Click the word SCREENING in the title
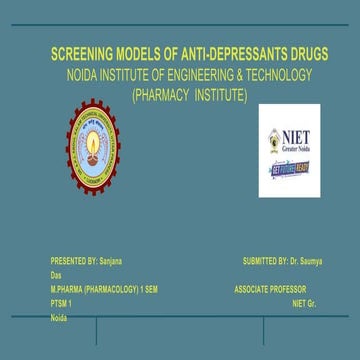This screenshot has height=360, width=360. point(82,55)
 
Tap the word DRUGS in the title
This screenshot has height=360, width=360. point(283,55)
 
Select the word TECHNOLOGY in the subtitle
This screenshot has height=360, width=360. point(275,75)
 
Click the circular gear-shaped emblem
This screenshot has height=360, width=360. point(94,147)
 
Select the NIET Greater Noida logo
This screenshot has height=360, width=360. point(289,150)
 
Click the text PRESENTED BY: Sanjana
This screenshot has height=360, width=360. point(86,261)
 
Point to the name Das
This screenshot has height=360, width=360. point(55,273)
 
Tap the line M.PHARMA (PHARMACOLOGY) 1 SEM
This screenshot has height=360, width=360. point(104,288)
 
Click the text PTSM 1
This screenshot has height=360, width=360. point(62,301)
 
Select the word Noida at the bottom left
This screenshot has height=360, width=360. point(59,316)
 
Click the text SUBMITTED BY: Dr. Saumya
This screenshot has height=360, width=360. point(282,261)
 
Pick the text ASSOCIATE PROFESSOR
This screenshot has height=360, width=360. point(270,288)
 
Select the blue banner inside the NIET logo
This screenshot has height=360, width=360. point(290,169)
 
